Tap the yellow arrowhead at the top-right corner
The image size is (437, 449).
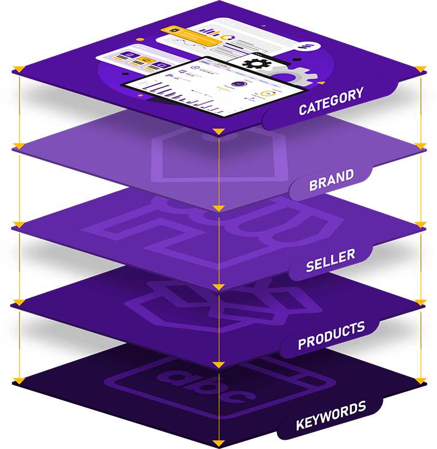(x=421, y=69)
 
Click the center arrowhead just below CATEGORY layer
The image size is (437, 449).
(x=218, y=133)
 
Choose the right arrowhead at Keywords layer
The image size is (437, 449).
(x=421, y=380)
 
